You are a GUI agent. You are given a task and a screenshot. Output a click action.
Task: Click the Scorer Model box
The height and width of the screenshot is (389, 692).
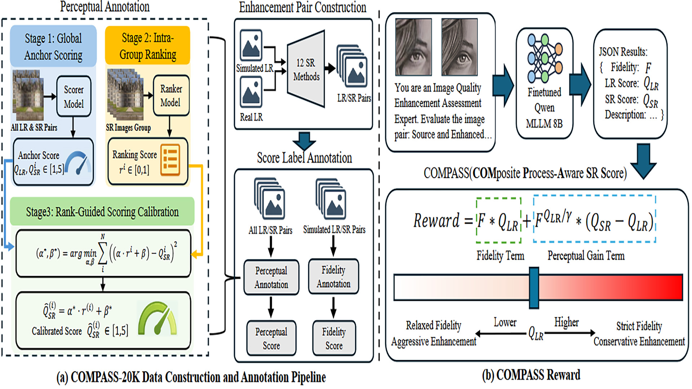coord(74,96)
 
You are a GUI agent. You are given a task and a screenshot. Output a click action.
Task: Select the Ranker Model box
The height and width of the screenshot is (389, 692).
coord(171,95)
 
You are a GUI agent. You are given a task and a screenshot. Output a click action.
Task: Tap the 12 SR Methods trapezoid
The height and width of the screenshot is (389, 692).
coord(306,69)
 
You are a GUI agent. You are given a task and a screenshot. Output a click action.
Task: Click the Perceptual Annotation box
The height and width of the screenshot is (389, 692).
coord(271,277)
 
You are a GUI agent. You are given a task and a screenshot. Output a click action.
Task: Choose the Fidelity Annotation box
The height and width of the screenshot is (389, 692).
coord(334,277)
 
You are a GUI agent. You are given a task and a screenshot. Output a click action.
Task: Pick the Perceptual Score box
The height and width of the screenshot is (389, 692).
coord(271,338)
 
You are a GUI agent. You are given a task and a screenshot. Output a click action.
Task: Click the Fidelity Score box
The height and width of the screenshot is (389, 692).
coord(334,338)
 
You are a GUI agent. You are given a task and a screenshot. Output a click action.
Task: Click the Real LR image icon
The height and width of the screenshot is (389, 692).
coord(251,92)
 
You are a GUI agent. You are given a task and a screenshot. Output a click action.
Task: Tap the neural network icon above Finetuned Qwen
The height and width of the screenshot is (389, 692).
coord(545,58)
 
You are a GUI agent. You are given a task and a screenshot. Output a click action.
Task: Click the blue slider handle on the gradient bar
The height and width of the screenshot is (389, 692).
coord(534,288)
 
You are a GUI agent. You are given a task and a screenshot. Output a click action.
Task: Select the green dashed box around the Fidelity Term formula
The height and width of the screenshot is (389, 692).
coord(498,220)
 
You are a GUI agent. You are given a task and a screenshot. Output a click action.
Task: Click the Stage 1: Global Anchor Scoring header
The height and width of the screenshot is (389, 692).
coord(53,46)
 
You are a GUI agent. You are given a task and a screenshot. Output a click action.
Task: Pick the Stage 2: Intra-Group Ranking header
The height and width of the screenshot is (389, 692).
coord(148,46)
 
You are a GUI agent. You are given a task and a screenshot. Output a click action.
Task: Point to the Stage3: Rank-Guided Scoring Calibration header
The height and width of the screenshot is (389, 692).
coord(102,211)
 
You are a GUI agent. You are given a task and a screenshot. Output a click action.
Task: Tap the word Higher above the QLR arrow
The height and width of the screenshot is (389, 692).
coord(567,322)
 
